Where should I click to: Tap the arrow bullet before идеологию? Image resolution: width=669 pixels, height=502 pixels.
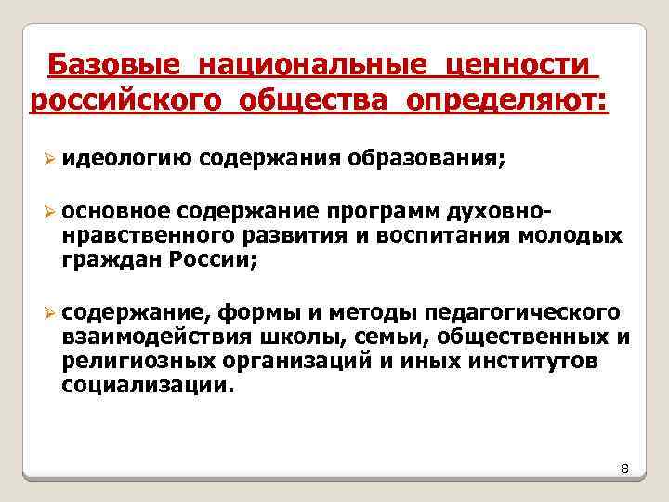click(52, 159)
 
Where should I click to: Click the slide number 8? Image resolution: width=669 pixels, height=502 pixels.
click(624, 470)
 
